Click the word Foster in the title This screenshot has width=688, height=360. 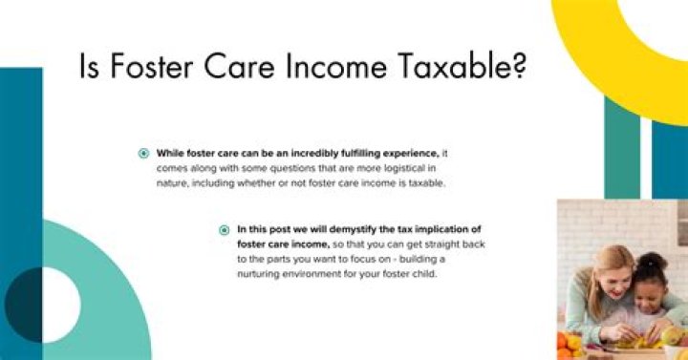pyautogui.click(x=143, y=71)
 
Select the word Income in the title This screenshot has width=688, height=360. pyautogui.click(x=331, y=71)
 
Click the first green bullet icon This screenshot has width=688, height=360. pyautogui.click(x=143, y=153)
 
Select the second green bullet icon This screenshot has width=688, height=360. pyautogui.click(x=225, y=229)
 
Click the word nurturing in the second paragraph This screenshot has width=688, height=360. pyautogui.click(x=263, y=274)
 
